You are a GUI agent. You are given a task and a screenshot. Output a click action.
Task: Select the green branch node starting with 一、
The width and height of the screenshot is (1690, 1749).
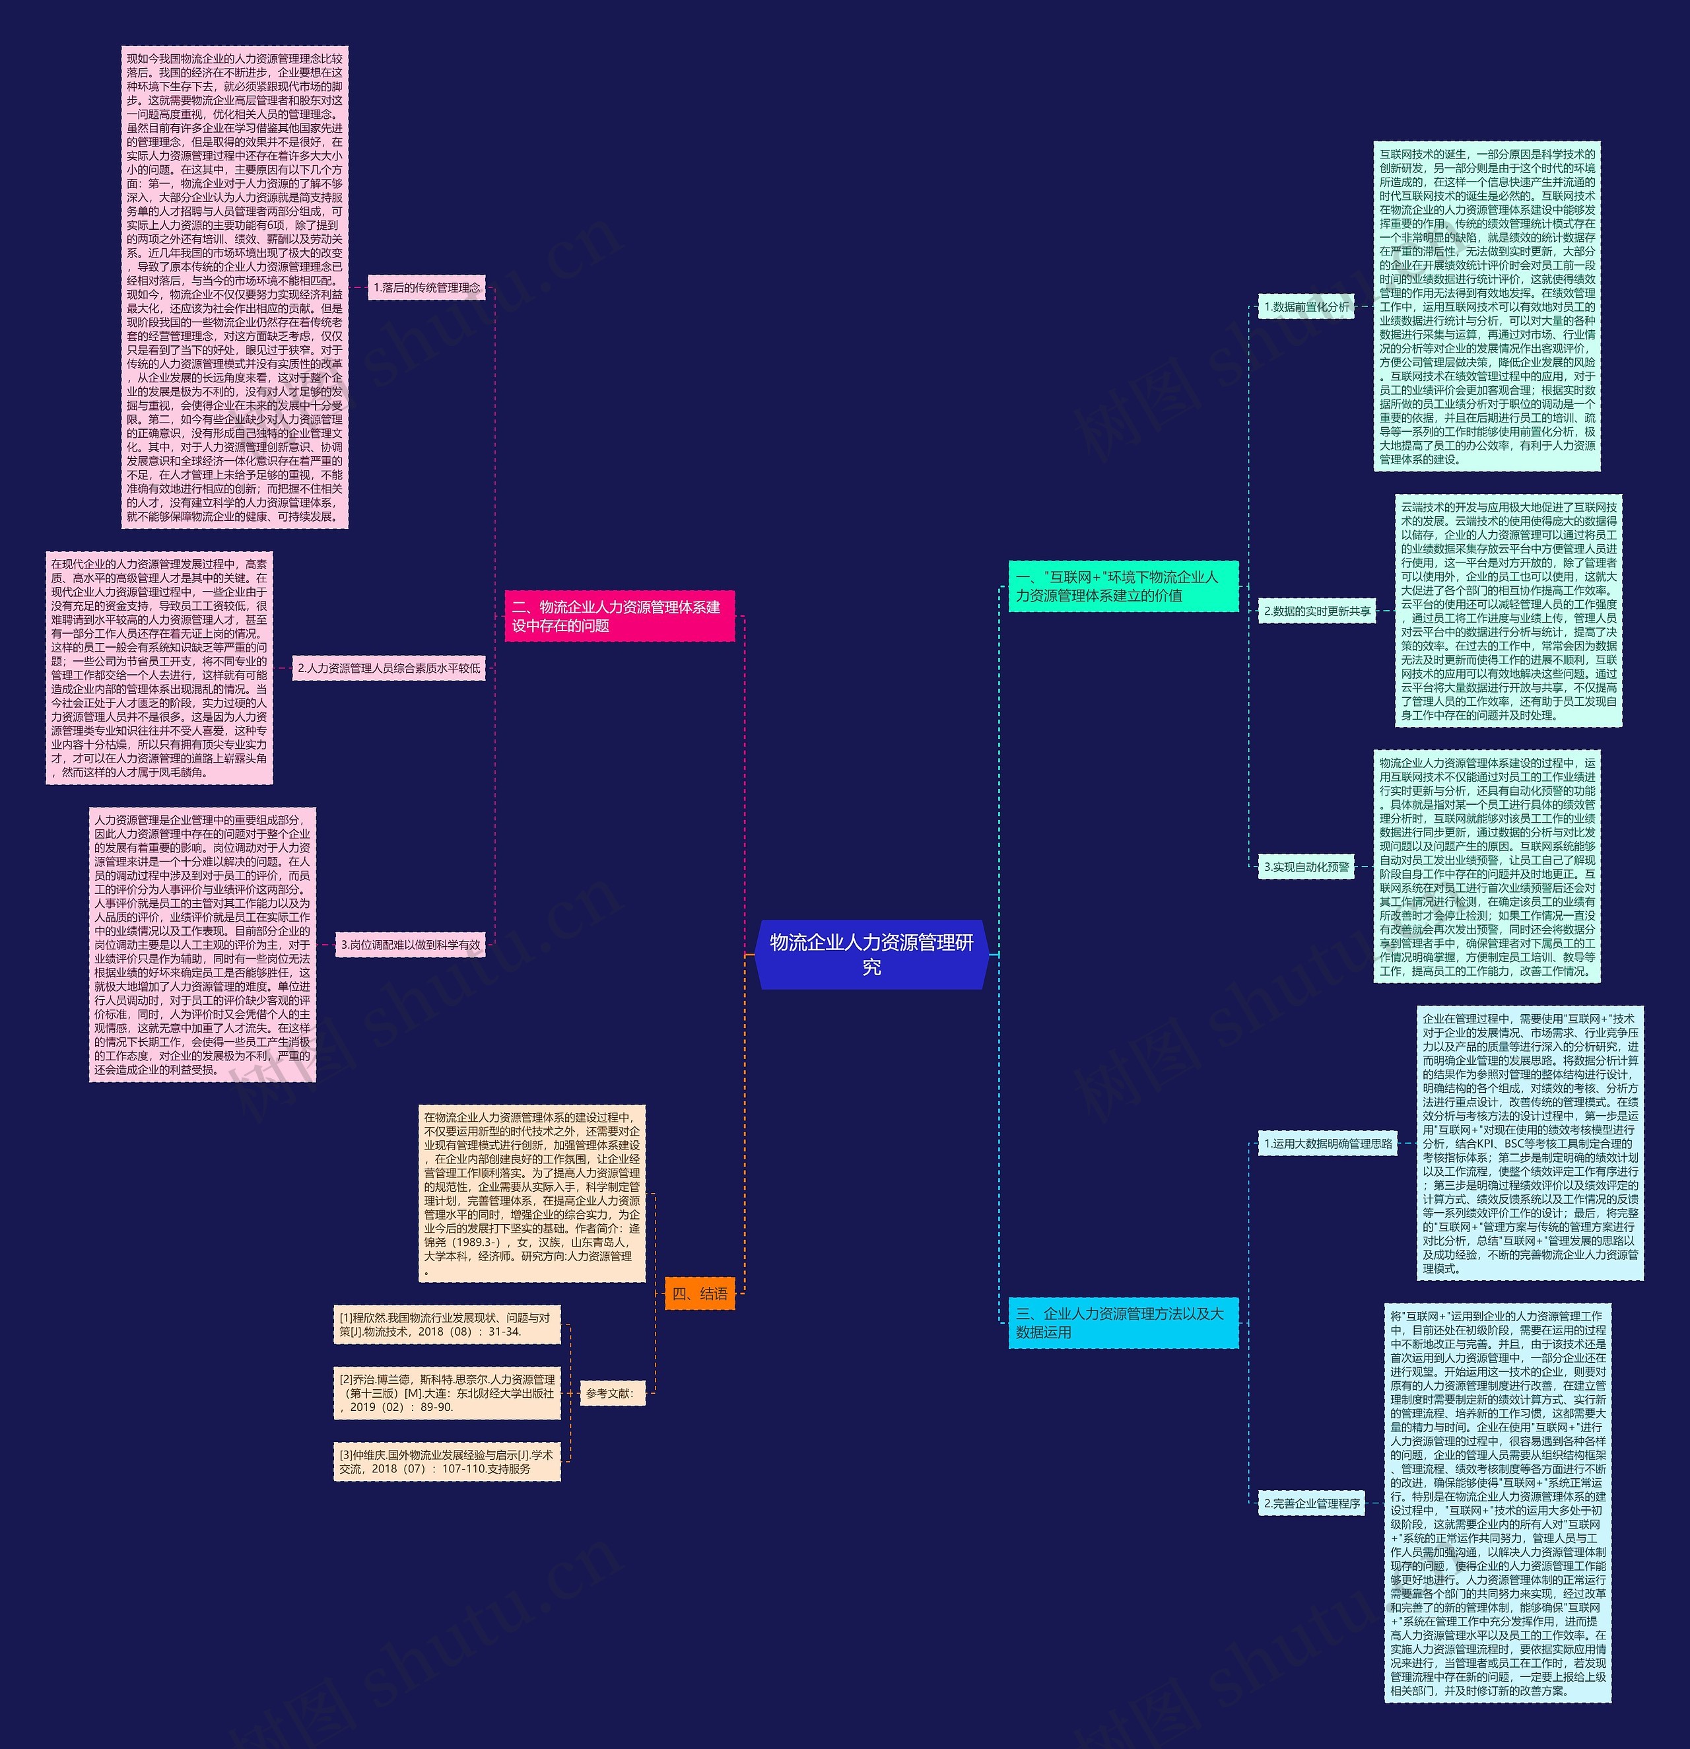1122,586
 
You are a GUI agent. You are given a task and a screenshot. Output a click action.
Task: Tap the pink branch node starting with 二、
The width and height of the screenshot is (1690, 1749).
619,616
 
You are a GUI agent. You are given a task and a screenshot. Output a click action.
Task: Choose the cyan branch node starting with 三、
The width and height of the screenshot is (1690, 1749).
1122,1322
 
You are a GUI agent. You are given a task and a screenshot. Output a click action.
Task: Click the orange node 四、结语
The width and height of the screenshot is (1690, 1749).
700,1293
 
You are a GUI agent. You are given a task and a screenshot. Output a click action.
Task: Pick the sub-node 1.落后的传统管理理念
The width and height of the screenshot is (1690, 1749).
426,287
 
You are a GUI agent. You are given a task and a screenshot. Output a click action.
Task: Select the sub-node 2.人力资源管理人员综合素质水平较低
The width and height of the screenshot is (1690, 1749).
389,668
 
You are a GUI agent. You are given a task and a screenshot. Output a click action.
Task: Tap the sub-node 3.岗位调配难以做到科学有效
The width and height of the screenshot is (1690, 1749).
411,944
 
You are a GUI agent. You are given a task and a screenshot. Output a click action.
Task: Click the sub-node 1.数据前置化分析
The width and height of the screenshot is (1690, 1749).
1306,306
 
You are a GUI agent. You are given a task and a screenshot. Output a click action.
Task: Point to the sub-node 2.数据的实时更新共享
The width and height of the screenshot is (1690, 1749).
1317,611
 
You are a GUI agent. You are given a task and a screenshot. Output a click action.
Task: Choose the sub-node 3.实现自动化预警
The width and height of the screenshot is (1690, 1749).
1306,866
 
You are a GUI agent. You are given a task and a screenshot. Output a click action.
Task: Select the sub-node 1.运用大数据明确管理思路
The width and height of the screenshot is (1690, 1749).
1328,1143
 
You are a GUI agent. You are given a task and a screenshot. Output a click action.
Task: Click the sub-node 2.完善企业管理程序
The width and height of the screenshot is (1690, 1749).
1312,1503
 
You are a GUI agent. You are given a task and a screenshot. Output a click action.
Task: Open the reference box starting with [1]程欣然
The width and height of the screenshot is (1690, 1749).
447,1324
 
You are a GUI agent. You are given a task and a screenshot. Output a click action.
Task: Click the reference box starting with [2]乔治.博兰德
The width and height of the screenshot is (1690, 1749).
447,1393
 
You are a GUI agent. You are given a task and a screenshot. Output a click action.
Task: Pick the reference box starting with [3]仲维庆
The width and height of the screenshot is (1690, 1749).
447,1462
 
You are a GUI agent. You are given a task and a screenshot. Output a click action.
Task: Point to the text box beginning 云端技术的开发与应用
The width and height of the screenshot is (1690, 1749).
1508,611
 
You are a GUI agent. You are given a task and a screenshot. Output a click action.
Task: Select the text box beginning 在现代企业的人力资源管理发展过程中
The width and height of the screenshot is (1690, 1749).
159,668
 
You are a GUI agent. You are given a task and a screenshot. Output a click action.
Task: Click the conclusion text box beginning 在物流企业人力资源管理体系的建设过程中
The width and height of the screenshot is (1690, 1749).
532,1193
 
